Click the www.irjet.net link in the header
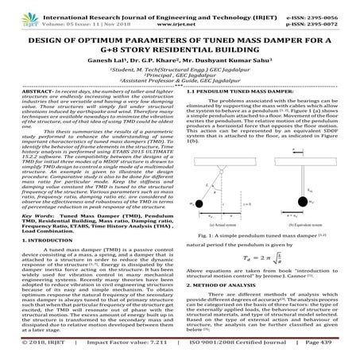click(180, 17)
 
